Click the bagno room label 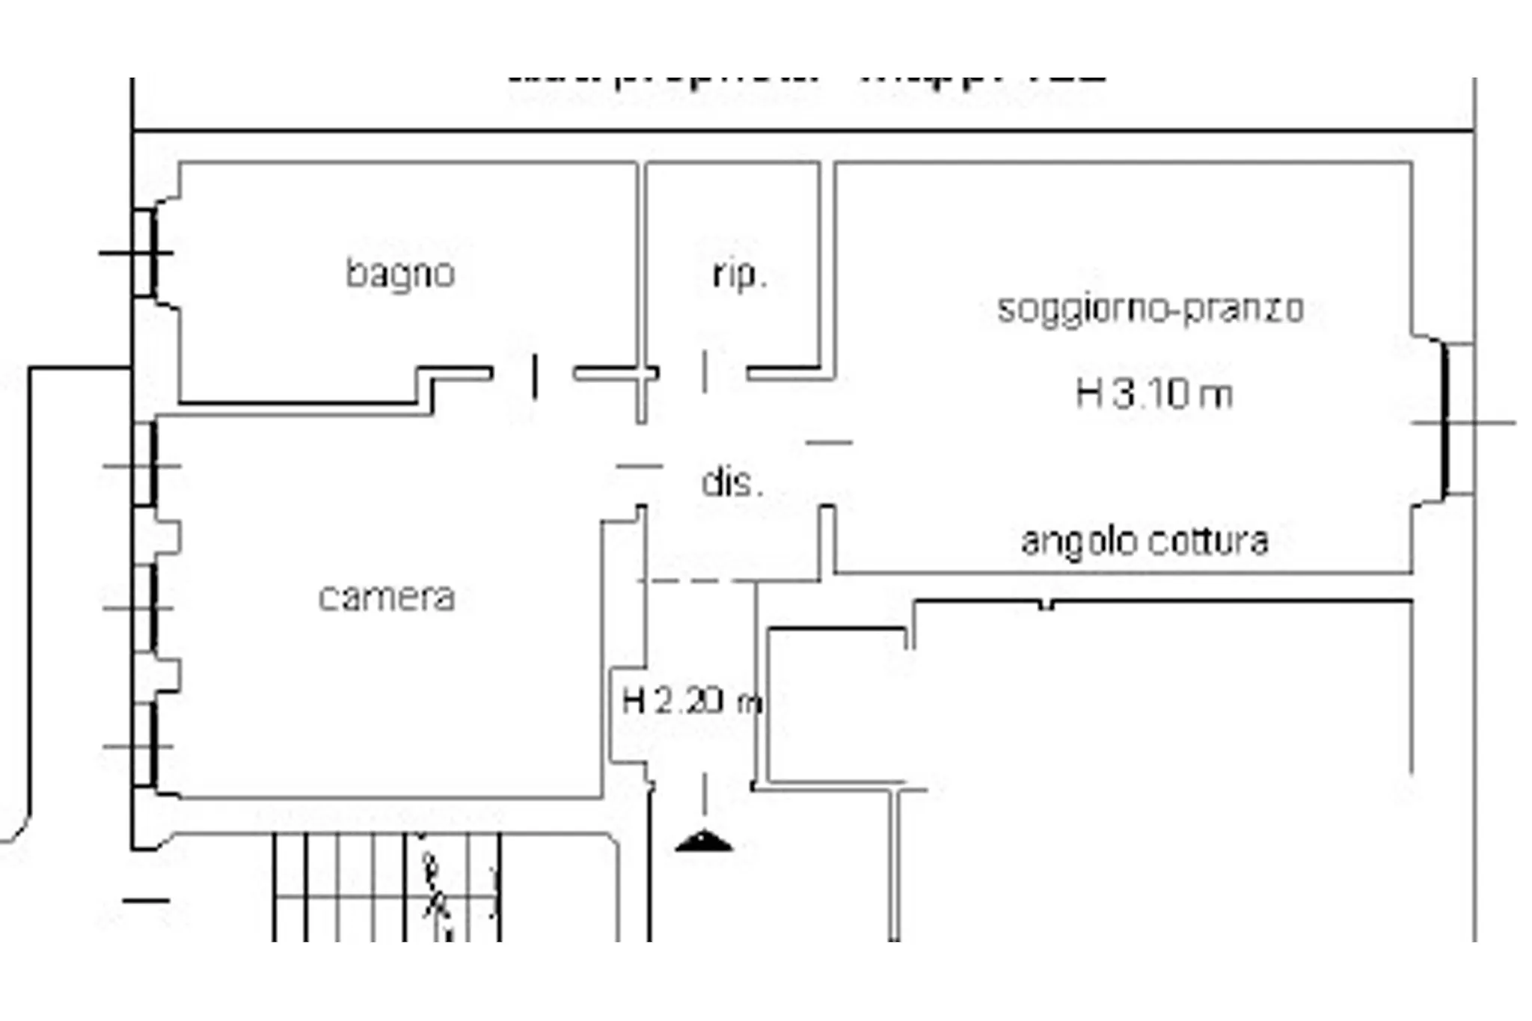400,274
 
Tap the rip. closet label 739,275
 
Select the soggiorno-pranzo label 1150,309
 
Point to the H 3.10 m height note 1153,393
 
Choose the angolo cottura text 1145,542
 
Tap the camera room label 387,598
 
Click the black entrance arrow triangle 703,842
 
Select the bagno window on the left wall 147,253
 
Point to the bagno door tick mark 534,376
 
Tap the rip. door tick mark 705,371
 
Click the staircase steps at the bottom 385,886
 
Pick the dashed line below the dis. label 696,580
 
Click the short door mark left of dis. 639,466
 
